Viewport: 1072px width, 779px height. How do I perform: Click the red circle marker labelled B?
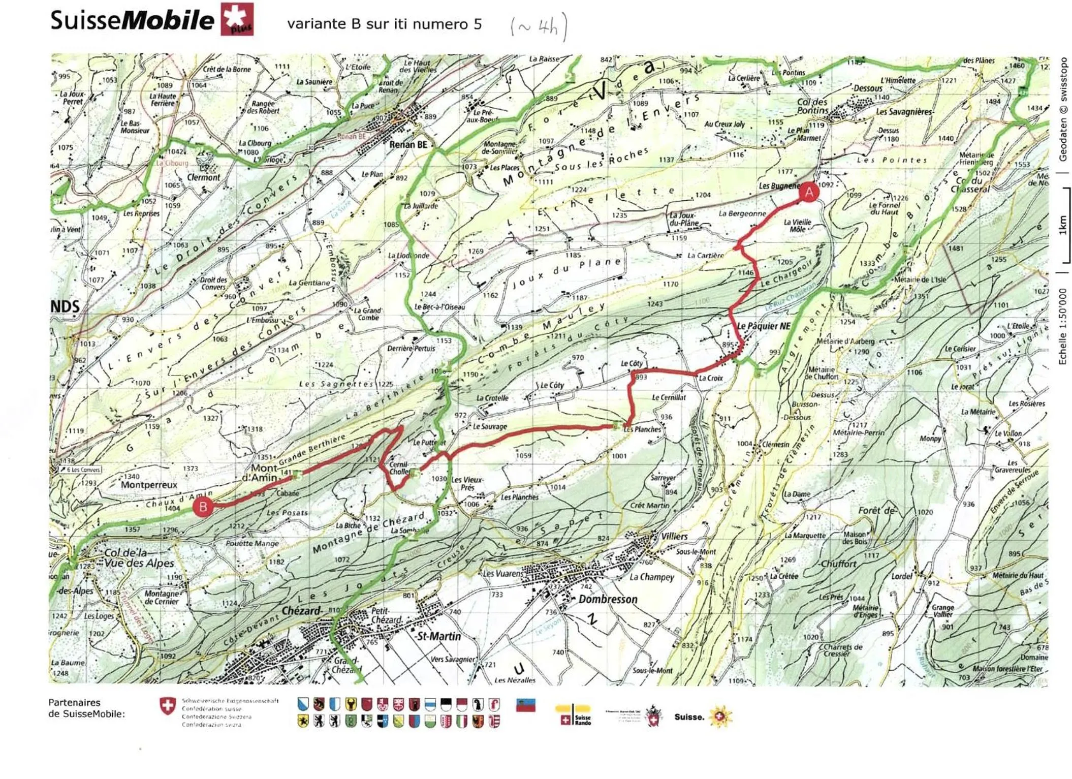(203, 507)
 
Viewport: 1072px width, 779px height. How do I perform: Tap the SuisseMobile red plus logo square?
(237, 19)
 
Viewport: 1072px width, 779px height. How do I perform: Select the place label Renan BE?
(408, 145)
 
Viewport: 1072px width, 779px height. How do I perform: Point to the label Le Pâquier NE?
(764, 326)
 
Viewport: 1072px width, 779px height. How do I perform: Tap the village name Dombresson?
(608, 599)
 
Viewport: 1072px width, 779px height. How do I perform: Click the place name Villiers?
(674, 536)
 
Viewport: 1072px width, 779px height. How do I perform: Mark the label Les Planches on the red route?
(642, 429)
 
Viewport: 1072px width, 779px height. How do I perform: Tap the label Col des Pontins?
(812, 106)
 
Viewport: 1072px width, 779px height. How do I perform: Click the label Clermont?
(204, 177)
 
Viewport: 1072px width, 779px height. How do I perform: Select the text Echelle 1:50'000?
(1062, 326)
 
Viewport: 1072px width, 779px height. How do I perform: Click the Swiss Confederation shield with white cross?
(167, 706)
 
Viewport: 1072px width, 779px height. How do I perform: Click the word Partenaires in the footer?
(74, 702)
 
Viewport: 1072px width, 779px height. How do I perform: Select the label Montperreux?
(149, 485)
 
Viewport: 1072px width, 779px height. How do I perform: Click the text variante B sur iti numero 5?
(384, 24)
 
